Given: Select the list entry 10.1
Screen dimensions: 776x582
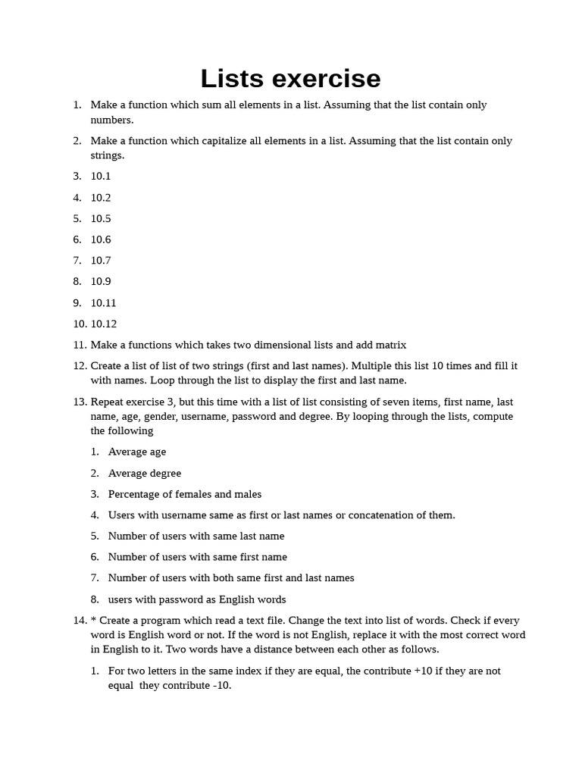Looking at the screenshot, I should click(101, 177).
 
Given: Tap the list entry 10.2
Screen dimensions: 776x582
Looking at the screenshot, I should click(101, 198).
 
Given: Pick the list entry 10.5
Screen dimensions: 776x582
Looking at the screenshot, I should click(101, 219).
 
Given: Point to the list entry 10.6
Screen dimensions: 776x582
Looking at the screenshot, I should click(101, 239).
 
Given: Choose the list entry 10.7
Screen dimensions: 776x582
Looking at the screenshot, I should click(101, 261).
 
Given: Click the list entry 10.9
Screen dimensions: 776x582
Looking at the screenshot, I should click(101, 282).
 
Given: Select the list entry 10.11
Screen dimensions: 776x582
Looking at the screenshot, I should click(104, 303).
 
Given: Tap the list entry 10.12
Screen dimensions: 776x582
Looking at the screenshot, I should click(104, 324).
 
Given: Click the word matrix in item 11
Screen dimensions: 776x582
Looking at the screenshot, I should click(390, 345).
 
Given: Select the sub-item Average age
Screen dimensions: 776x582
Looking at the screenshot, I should click(137, 452).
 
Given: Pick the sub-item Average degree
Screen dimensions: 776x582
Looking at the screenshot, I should click(145, 473).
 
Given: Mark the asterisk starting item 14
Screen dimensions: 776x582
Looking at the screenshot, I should click(93, 620).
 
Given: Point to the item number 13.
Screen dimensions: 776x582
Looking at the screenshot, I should click(80, 402).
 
